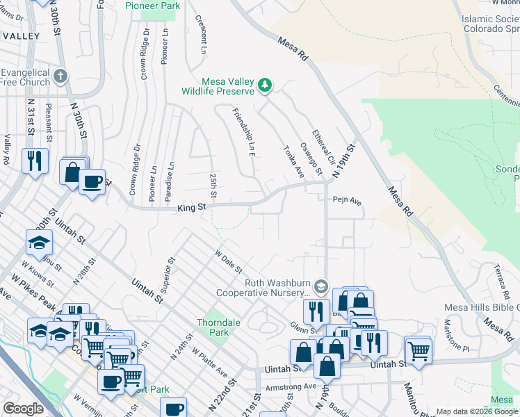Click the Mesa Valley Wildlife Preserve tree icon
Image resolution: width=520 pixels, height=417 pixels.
pyautogui.click(x=264, y=85)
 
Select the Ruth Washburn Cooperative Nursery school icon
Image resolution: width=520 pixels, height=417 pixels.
pyautogui.click(x=320, y=286)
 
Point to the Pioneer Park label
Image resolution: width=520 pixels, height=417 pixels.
pyautogui.click(x=152, y=6)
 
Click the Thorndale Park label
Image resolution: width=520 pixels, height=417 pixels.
pyautogui.click(x=213, y=327)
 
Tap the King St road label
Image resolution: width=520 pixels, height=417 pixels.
pyautogui.click(x=191, y=206)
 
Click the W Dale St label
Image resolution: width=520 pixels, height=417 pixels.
pyautogui.click(x=228, y=263)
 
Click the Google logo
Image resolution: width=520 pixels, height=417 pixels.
pyautogui.click(x=22, y=409)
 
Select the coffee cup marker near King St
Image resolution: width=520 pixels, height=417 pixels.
pyautogui.click(x=92, y=182)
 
